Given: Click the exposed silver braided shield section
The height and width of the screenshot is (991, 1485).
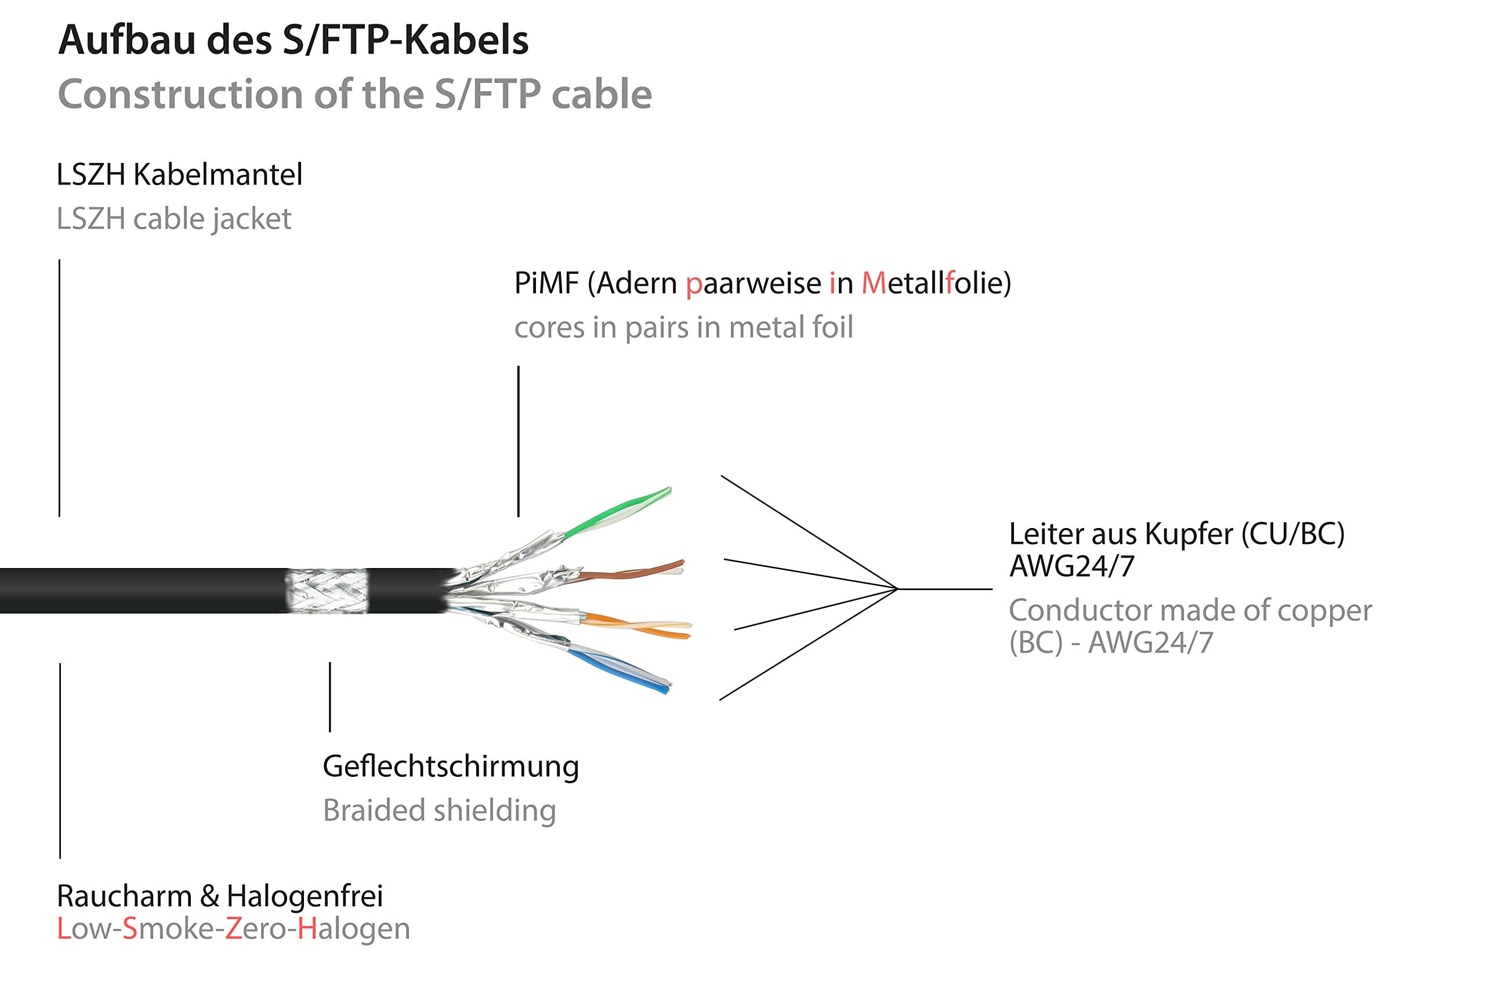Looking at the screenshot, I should [x=327, y=591].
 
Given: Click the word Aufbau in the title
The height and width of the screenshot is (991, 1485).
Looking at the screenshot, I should [x=126, y=40].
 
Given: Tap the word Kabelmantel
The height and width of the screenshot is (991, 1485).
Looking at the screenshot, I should [x=218, y=175].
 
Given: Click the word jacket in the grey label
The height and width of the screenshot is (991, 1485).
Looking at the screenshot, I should [x=252, y=219].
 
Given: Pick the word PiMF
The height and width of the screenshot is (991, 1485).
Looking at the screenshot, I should [x=546, y=283].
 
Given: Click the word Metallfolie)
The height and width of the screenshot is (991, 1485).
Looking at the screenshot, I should [x=936, y=283].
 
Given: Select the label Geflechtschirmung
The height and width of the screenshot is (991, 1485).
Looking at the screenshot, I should [x=450, y=766].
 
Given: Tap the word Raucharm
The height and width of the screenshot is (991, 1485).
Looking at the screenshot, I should [x=124, y=896].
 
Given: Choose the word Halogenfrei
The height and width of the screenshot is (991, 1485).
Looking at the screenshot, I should [x=305, y=896].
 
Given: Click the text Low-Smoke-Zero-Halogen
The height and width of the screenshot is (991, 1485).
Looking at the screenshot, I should [x=233, y=929].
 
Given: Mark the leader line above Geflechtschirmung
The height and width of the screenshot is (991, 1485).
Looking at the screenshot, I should [x=330, y=696].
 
